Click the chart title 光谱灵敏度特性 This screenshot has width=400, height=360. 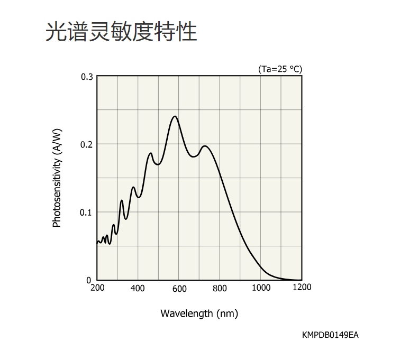pyautogui.click(x=121, y=32)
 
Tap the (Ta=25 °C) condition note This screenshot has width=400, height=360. pyautogui.click(x=280, y=69)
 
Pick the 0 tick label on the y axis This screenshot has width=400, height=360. pyautogui.click(x=89, y=280)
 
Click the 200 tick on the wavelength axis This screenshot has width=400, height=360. pyautogui.click(x=97, y=288)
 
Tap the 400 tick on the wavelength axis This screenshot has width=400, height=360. pyautogui.click(x=138, y=288)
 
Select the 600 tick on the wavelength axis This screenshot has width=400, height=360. pyautogui.click(x=179, y=288)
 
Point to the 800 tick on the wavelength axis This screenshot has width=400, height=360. pyautogui.click(x=220, y=288)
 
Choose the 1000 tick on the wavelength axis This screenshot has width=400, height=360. pyautogui.click(x=261, y=288)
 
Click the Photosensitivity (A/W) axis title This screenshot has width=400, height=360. pyautogui.click(x=57, y=178)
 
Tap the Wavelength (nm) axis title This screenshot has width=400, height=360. pyautogui.click(x=199, y=313)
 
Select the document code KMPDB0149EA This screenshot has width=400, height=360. pyautogui.click(x=330, y=335)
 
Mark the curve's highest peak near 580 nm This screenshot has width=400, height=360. pyautogui.click(x=175, y=116)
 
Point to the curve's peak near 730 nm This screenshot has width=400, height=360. pyautogui.click(x=205, y=146)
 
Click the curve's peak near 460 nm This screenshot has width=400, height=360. pyautogui.click(x=151, y=153)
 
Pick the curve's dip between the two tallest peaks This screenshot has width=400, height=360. pyautogui.click(x=193, y=156)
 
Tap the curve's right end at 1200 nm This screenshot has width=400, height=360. pyautogui.click(x=302, y=280)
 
